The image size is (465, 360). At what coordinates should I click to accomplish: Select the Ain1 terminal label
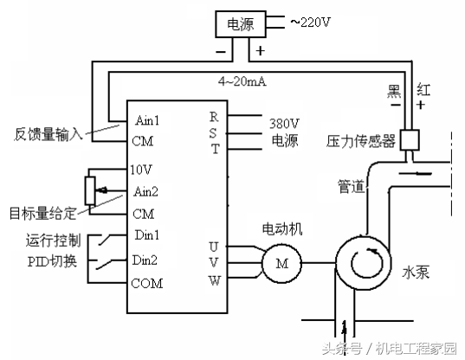149,119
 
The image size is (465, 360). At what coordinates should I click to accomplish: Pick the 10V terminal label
142,169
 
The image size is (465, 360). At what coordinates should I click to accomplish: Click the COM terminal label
147,282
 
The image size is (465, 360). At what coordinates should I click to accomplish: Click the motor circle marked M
281,263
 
